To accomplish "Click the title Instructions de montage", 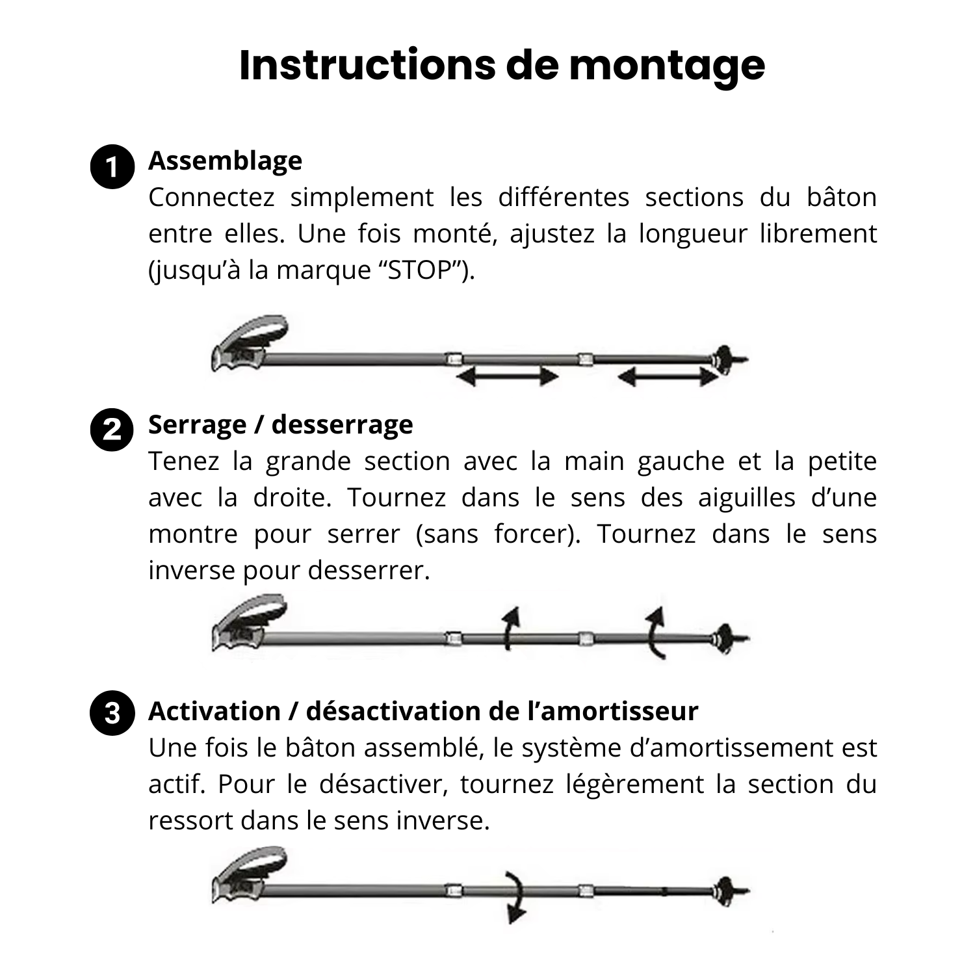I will [502, 65].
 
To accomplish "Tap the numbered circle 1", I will [112, 167].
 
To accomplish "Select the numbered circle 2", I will [112, 430].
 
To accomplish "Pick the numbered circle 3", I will [112, 713].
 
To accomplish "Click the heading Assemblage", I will [225, 161].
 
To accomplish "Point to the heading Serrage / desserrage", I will [280, 424].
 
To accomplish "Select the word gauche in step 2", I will [681, 461].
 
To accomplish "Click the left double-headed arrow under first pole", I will [508, 376].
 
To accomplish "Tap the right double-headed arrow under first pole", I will [668, 376].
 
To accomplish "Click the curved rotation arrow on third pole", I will [515, 897].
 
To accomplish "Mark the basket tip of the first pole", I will [723, 358].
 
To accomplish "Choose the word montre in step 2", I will [193, 534].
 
